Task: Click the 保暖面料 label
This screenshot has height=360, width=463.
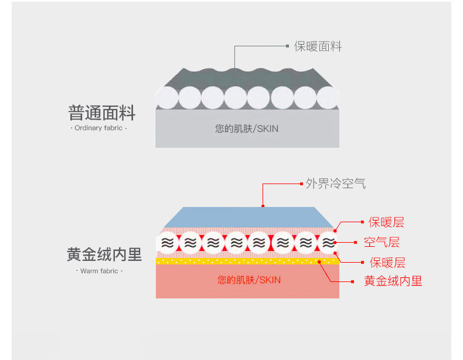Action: pyautogui.click(x=318, y=46)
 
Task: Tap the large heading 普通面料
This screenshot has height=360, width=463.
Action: pyautogui.click(x=101, y=112)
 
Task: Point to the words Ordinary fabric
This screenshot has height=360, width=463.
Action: pyautogui.click(x=98, y=128)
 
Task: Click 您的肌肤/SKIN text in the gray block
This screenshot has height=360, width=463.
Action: pyautogui.click(x=247, y=128)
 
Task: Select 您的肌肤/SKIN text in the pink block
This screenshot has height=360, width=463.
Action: pyautogui.click(x=249, y=280)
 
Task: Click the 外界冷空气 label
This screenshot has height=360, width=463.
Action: pyautogui.click(x=336, y=184)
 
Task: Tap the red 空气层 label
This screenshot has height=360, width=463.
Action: pyautogui.click(x=382, y=242)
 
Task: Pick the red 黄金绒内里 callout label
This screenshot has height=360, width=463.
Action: pyautogui.click(x=393, y=281)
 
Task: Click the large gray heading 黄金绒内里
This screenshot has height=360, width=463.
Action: pyautogui.click(x=104, y=254)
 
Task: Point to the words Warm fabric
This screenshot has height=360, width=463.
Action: pyautogui.click(x=98, y=271)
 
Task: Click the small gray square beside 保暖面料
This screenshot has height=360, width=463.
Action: pyautogui.click(x=287, y=46)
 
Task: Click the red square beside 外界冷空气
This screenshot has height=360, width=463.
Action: pyautogui.click(x=299, y=184)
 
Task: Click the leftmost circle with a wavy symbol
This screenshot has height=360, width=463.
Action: pyautogui.click(x=168, y=242)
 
